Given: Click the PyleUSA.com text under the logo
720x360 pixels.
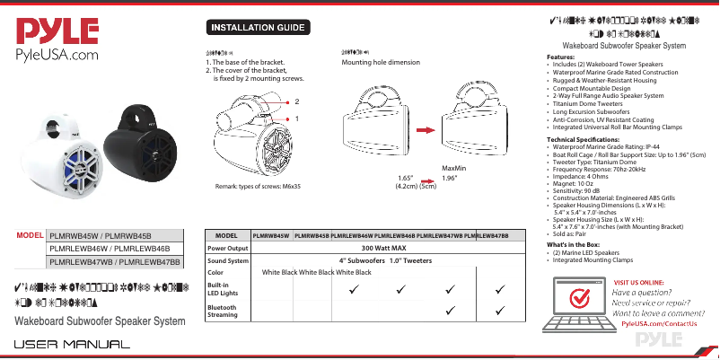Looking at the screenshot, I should point(54,57).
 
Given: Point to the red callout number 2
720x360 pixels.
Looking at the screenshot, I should point(297,102).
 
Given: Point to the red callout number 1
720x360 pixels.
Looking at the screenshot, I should point(297,118).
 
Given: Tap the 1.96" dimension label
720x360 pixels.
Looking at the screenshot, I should point(453,178).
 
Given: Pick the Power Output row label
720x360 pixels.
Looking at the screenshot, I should point(227,248).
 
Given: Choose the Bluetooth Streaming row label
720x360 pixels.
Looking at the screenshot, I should point(223,311).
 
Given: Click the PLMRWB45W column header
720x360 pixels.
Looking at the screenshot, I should point(270,235).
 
